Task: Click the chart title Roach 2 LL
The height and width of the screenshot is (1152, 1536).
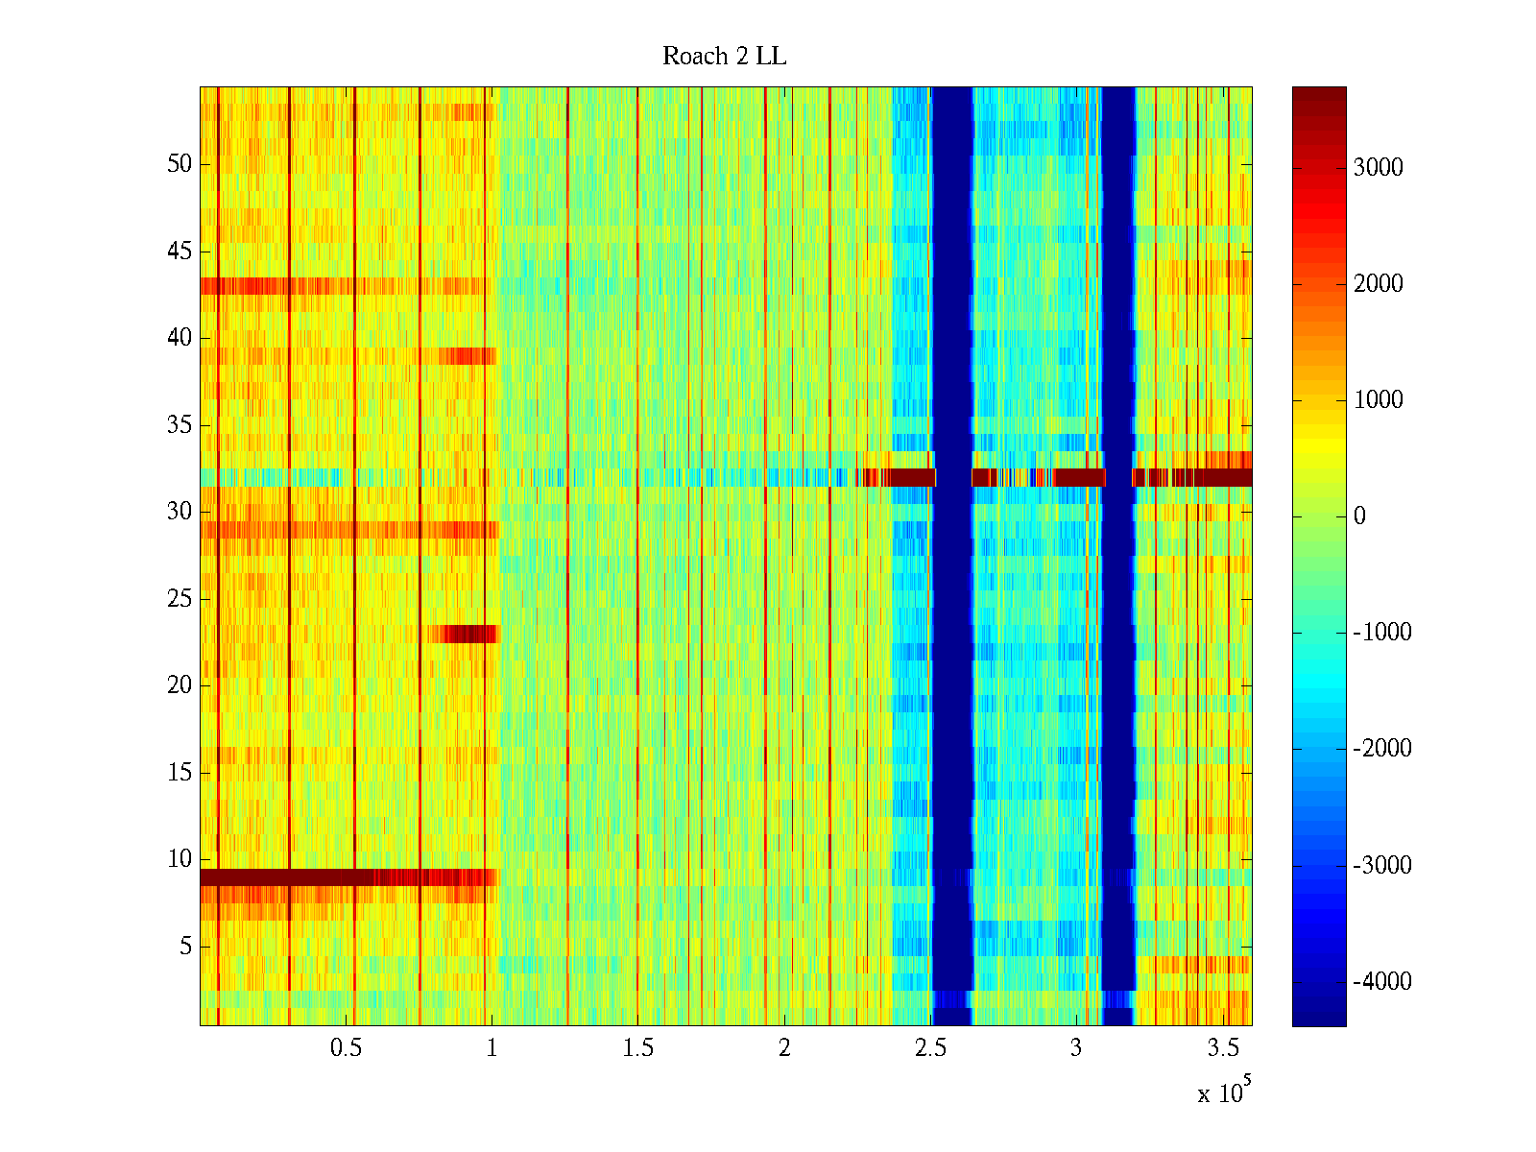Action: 724,57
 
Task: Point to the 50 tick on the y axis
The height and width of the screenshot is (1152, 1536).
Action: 180,164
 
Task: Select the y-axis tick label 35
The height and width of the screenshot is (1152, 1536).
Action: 180,425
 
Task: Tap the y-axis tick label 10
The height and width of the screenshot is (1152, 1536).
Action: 180,859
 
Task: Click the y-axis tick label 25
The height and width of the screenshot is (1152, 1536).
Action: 180,599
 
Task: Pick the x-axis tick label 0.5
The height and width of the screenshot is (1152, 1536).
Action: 346,1048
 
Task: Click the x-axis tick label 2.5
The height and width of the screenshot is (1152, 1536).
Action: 930,1048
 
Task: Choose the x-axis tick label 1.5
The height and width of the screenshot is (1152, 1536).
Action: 637,1048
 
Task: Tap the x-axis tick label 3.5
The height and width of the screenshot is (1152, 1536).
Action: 1222,1048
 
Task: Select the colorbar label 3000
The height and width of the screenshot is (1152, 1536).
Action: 1378,168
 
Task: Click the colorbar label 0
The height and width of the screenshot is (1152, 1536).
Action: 1359,516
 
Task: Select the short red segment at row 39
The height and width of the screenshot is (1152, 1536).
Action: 468,356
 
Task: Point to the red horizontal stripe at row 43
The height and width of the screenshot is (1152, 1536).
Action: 288,286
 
